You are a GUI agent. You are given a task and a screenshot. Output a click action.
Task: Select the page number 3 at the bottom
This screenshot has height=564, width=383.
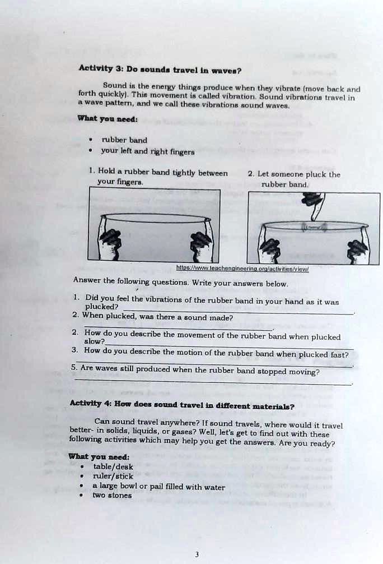click(x=197, y=554)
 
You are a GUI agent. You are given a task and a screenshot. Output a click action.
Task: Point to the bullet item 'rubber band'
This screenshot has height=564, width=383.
click(x=124, y=140)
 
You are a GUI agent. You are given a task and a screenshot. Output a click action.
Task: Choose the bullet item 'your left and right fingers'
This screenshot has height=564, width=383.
click(x=147, y=151)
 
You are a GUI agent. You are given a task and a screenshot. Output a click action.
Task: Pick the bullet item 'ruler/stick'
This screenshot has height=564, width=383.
click(x=113, y=477)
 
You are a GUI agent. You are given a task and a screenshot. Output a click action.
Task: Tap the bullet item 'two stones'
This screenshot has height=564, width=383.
click(x=112, y=496)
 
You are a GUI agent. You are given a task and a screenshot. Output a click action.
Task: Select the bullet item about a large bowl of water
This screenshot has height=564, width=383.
click(x=158, y=487)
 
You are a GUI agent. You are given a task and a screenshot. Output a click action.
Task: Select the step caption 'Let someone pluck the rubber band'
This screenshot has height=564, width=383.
click(x=295, y=179)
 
